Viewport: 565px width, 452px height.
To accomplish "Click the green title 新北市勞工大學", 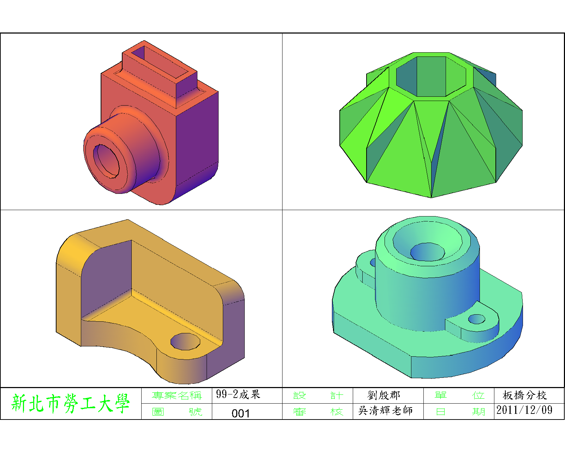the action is point(71,403).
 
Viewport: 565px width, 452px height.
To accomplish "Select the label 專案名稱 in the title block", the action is point(177,395).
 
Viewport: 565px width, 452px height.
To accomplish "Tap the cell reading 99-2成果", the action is point(238,394).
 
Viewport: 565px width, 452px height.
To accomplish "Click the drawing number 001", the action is point(240,414).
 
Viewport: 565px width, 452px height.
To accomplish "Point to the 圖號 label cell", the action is point(177,412).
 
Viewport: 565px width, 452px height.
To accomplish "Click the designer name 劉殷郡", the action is point(384,395).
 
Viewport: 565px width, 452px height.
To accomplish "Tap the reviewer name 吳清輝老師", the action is point(385,410).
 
